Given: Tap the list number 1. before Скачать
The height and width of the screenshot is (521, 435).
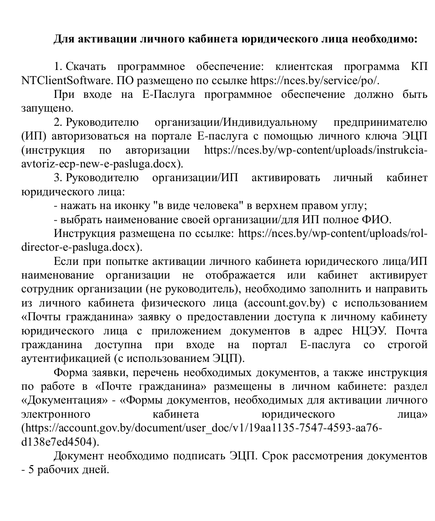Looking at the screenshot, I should (58, 67).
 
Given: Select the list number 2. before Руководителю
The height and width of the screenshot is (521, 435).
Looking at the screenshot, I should (58, 122).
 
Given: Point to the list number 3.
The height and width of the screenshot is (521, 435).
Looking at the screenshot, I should (58, 178).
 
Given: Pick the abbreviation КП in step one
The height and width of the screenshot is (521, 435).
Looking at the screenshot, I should (419, 67).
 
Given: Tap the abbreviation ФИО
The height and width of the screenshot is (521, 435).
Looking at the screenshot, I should (377, 219).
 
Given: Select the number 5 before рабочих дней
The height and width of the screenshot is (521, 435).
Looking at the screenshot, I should (30, 470).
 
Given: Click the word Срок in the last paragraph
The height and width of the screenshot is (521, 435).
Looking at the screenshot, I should (277, 456).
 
